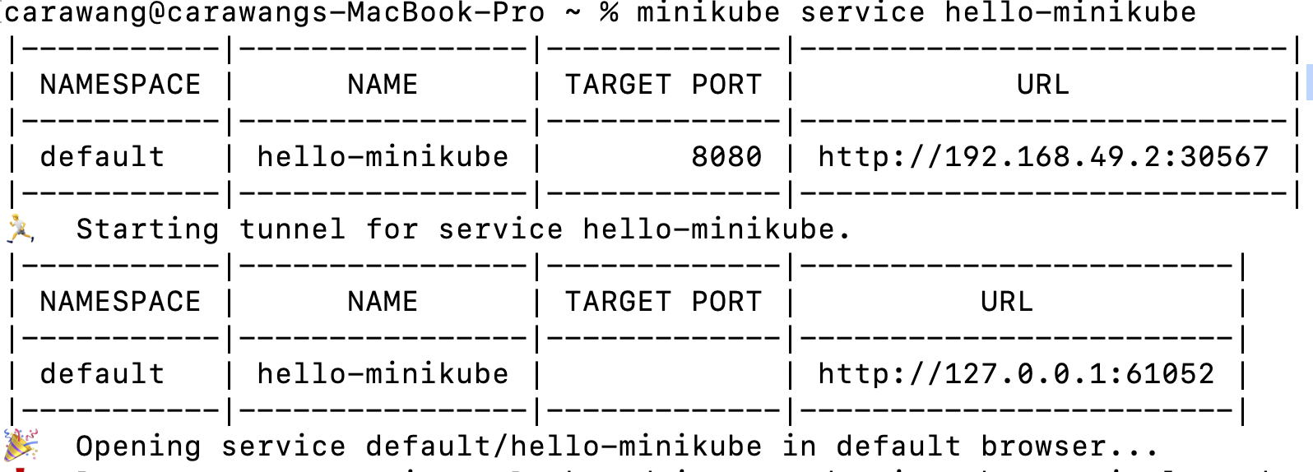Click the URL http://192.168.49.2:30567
click(x=1043, y=156)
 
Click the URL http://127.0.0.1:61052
click(x=1016, y=374)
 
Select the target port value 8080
click(x=726, y=156)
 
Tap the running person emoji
click(x=20, y=228)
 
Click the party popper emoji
click(x=21, y=445)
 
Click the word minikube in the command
click(x=708, y=13)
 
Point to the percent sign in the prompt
click(x=609, y=13)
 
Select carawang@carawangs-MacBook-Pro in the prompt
click(x=275, y=13)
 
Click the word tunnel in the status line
click(x=292, y=229)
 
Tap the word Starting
click(x=147, y=229)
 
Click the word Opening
click(x=138, y=446)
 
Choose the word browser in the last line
click(x=1043, y=446)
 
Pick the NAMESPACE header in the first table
click(x=120, y=85)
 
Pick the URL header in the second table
click(x=1006, y=302)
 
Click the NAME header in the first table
click(x=383, y=85)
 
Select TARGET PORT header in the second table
click(x=663, y=302)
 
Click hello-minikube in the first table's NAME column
click(x=383, y=156)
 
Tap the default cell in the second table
click(x=102, y=374)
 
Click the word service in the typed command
click(x=862, y=13)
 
